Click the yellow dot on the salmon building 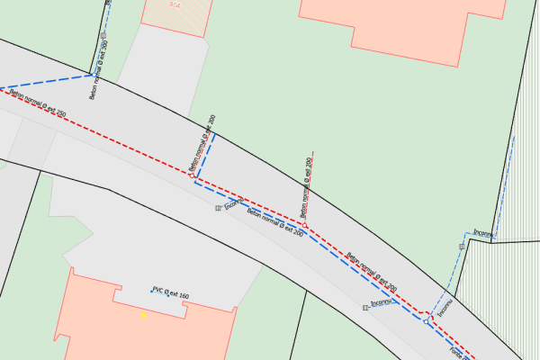[x=142, y=316]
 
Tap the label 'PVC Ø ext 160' [x=171, y=293]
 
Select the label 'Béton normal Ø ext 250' [x=38, y=103]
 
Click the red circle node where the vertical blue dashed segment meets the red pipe [x=193, y=176]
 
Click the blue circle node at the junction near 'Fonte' [x=426, y=320]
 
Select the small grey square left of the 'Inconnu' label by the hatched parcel [x=462, y=246]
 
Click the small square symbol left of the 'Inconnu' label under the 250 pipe [x=218, y=208]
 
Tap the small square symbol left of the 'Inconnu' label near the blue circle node [x=365, y=308]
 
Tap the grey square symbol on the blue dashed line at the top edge [x=103, y=43]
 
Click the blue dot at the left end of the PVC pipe [x=151, y=291]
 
